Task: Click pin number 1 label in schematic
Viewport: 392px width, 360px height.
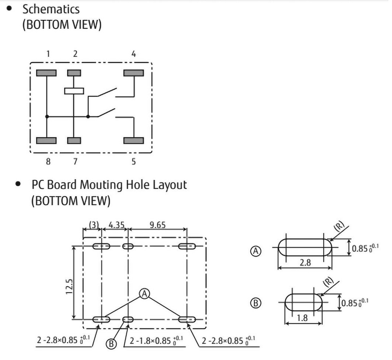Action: [x=48, y=54]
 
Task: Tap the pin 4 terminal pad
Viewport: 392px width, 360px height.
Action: [x=133, y=73]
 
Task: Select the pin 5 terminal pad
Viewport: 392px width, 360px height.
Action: [x=134, y=140]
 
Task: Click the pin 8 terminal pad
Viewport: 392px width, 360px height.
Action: [x=46, y=140]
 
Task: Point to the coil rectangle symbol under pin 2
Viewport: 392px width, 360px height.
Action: [x=74, y=91]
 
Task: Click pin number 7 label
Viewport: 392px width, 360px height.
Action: [x=75, y=161]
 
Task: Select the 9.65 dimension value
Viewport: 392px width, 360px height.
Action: [x=157, y=225]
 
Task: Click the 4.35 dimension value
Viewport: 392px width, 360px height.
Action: [x=117, y=225]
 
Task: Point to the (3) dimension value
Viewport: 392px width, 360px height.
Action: [x=93, y=225]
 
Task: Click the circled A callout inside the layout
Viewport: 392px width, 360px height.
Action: [x=144, y=293]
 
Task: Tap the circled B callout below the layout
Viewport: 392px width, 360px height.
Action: [x=111, y=344]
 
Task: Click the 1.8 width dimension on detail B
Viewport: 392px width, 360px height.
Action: [x=302, y=318]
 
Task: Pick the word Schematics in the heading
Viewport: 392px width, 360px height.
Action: [x=51, y=9]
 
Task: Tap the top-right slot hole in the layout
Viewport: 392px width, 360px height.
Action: [x=188, y=246]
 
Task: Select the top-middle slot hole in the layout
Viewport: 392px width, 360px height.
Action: [x=128, y=246]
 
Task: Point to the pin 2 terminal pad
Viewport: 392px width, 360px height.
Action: [x=74, y=73]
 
